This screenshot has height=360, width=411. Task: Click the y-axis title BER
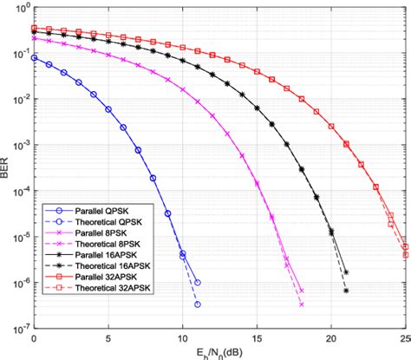click(9, 168)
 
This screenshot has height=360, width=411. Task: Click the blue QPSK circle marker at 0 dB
click(34, 58)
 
